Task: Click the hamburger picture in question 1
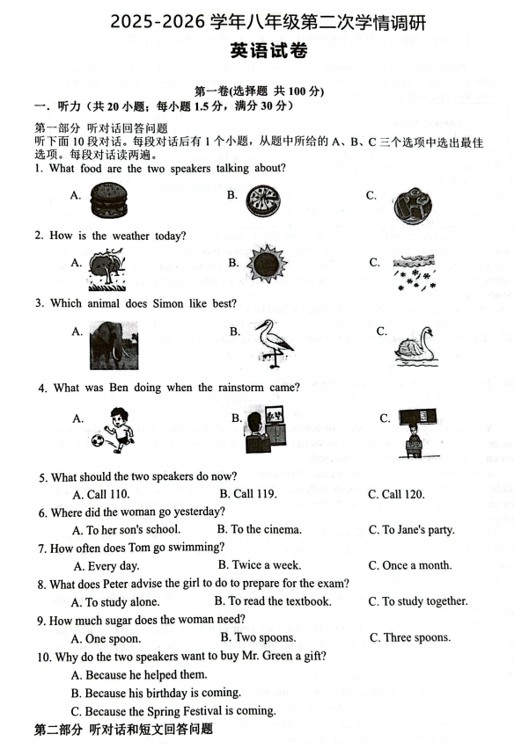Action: (108, 200)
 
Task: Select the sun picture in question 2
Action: (267, 265)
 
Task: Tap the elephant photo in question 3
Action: (114, 345)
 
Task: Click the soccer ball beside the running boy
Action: (99, 440)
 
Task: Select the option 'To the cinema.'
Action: (259, 529)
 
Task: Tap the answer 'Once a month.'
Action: (410, 565)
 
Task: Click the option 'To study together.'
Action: (418, 601)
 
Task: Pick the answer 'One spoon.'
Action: (106, 638)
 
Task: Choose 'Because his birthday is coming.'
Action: (156, 693)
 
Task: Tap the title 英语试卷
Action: (268, 50)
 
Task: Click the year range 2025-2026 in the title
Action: (158, 23)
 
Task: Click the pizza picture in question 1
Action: (263, 200)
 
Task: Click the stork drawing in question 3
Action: (274, 343)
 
